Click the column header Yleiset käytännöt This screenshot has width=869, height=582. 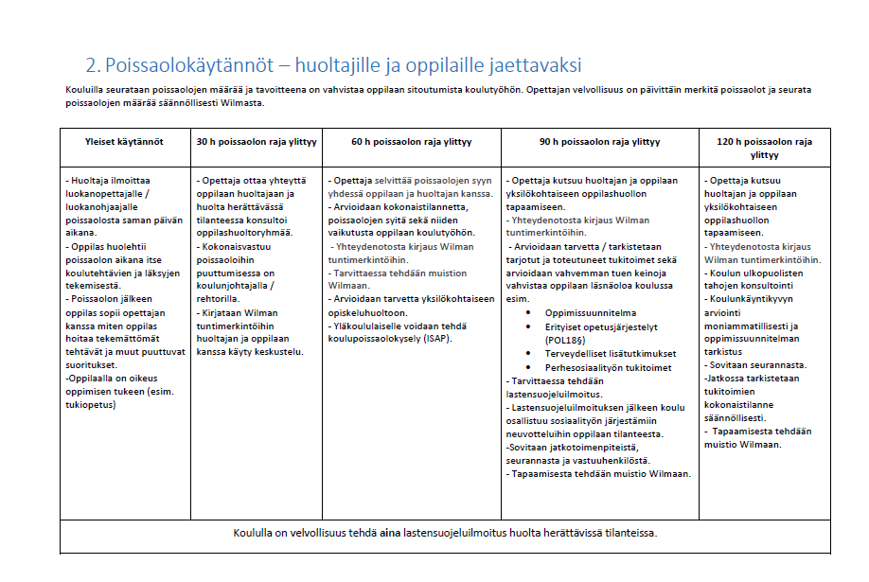[126, 142]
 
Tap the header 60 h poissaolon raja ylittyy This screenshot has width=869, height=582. [412, 142]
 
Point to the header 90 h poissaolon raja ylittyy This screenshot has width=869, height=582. [600, 142]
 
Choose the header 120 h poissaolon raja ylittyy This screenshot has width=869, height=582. [765, 148]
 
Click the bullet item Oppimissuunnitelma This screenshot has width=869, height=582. [591, 312]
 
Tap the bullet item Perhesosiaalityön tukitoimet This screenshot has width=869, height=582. [608, 367]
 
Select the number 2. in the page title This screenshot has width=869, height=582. [93, 65]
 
